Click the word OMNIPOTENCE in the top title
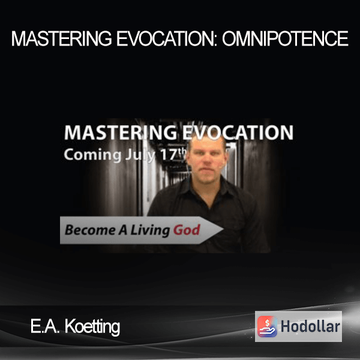pos(285,38)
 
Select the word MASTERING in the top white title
pos(62,38)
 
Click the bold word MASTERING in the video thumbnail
pos(121,133)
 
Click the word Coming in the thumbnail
pos(92,155)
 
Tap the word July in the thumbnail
pos(140,155)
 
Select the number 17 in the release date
pos(169,155)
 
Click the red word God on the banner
pos(187,230)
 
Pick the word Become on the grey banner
pos(90,230)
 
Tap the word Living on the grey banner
pos(150,230)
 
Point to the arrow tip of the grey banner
pos(223,229)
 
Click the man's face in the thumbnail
pos(206,161)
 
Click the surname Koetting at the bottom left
pos(92,327)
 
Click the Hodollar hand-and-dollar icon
pos(267,326)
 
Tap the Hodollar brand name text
pos(310,326)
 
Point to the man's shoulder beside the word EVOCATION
pos(245,197)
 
